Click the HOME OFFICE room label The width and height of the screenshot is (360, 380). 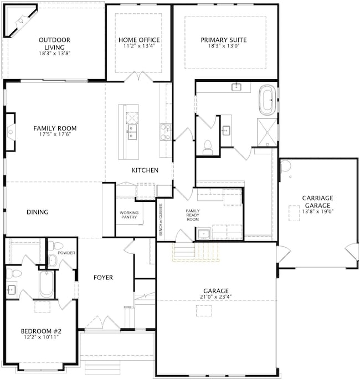coord(139,40)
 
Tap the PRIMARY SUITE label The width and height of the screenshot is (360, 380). coord(224,40)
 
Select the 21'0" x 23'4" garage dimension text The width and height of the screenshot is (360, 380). coord(216,296)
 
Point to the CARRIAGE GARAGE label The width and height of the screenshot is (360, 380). coord(317,202)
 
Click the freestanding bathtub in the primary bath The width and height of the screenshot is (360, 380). coord(267,100)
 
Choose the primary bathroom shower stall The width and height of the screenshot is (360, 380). coord(267,132)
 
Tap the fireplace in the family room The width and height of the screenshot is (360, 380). coord(11,132)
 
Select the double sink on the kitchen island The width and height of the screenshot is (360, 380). coord(132,132)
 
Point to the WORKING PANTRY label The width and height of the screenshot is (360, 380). coord(129,215)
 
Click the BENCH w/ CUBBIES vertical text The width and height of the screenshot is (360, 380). coord(161,220)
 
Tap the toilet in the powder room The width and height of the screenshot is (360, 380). coord(55,246)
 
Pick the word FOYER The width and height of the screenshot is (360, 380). coord(104,278)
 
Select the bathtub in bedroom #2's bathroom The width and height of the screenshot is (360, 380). coord(47,285)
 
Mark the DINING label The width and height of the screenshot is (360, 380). coord(37,212)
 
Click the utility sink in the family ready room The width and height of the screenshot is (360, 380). coord(204,234)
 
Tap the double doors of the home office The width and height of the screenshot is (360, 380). coord(138,76)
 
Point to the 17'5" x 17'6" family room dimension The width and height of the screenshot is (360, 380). coord(55,134)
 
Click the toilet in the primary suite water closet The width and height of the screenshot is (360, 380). coord(207,148)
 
